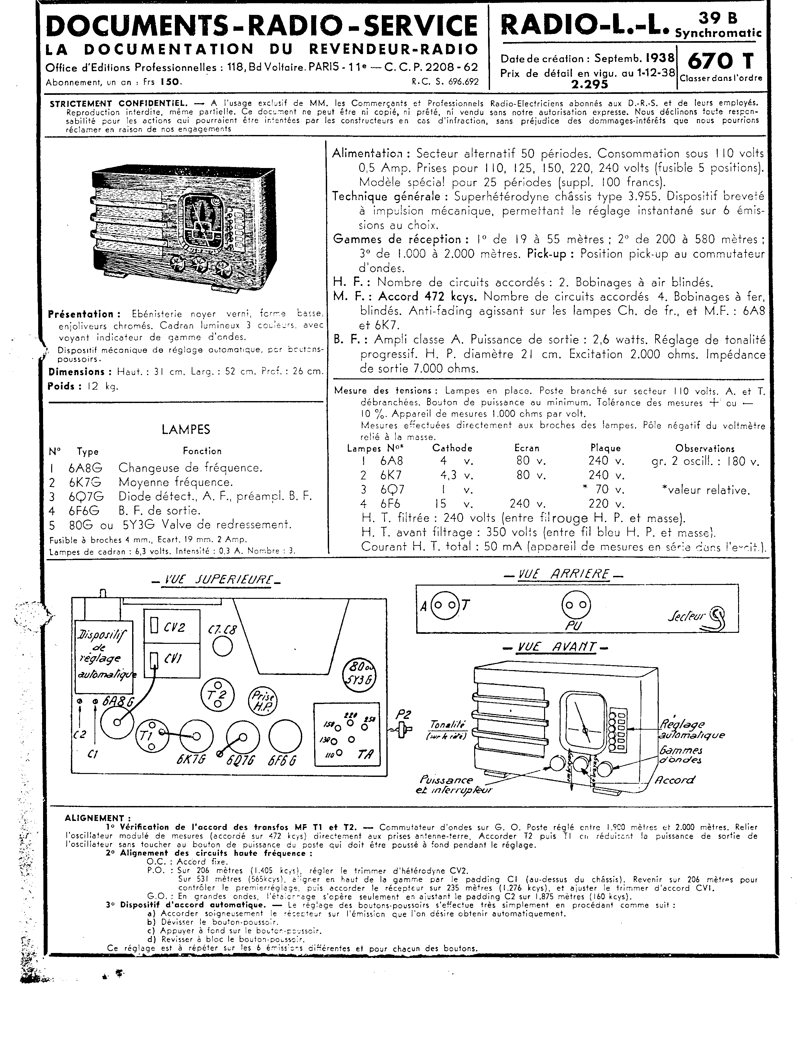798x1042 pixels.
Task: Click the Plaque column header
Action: click(605, 448)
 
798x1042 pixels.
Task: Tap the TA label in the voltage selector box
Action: click(365, 755)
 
